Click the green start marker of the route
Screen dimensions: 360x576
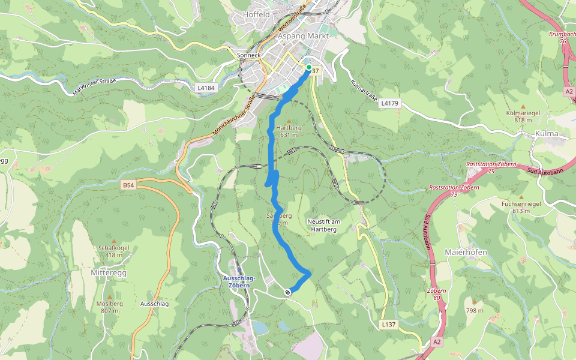[x=308, y=67]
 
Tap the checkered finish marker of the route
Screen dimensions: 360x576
[x=288, y=292]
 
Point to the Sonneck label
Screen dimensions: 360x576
[x=250, y=55]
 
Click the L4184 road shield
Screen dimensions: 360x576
[x=206, y=88]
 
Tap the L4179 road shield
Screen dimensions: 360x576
[x=389, y=103]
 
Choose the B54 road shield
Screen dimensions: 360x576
[x=128, y=185]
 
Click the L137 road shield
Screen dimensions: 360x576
[x=389, y=325]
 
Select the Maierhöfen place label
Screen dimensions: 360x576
[x=466, y=251]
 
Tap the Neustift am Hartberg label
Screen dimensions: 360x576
[x=323, y=225]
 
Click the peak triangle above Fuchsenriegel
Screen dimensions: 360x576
[x=521, y=197]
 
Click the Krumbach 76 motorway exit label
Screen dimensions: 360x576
[x=562, y=38]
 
